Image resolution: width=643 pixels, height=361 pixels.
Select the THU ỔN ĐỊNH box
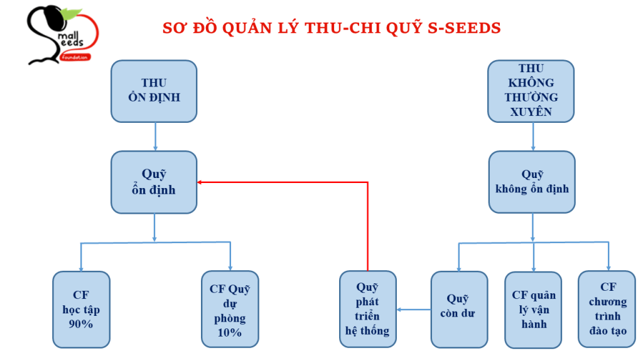point(154,91)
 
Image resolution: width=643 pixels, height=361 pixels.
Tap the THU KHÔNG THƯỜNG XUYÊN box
point(531,90)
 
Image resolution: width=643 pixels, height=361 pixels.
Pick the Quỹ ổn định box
point(154,182)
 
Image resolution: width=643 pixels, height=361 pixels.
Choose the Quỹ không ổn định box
point(532,182)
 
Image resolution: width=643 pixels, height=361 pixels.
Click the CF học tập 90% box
point(81,310)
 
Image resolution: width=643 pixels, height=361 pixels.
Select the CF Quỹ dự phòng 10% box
point(230,310)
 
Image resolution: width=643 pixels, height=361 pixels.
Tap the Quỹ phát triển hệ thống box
point(367,310)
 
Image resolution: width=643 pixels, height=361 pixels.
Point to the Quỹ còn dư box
point(459,310)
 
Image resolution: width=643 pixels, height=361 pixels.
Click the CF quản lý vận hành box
point(534,310)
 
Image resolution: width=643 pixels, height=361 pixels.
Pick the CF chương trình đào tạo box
point(607,310)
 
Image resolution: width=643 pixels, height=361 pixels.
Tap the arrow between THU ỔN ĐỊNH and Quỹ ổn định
point(154,136)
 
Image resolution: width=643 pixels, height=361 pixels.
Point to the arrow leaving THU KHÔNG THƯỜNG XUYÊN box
point(534,136)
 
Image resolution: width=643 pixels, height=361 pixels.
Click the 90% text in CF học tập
point(81,324)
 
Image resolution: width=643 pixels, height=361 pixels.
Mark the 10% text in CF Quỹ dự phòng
point(230,332)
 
